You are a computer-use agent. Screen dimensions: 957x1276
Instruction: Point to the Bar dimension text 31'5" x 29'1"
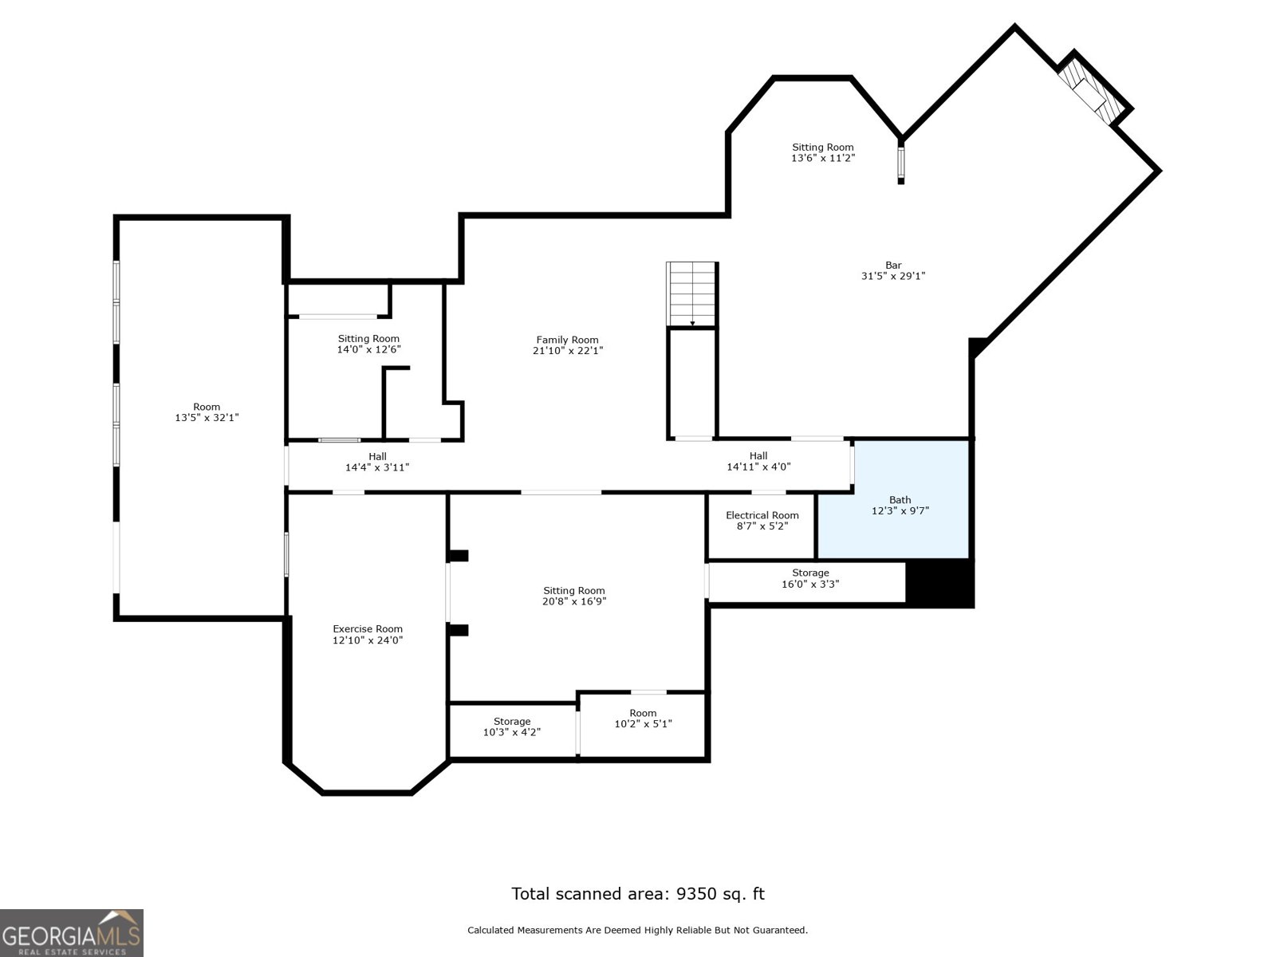892,276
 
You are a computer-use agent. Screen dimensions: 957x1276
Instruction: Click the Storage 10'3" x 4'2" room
511,727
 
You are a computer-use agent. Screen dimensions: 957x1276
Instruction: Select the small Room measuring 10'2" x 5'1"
643,719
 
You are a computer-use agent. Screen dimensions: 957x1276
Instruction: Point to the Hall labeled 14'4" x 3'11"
377,462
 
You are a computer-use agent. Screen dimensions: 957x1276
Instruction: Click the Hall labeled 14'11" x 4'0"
758,462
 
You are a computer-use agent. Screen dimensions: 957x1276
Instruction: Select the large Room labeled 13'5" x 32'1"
207,412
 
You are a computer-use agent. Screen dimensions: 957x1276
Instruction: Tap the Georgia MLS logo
71,932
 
